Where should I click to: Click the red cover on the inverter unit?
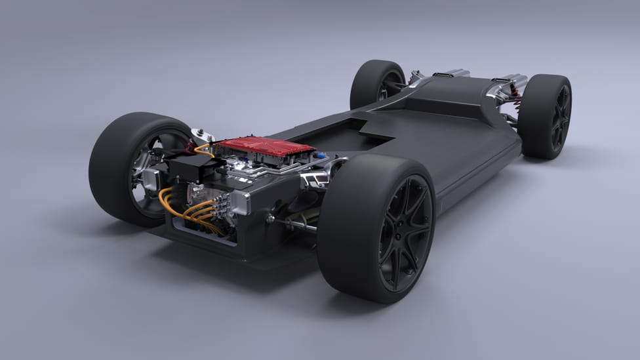point(265,146)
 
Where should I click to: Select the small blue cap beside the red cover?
point(321,155)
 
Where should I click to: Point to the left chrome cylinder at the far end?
point(452,73)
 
